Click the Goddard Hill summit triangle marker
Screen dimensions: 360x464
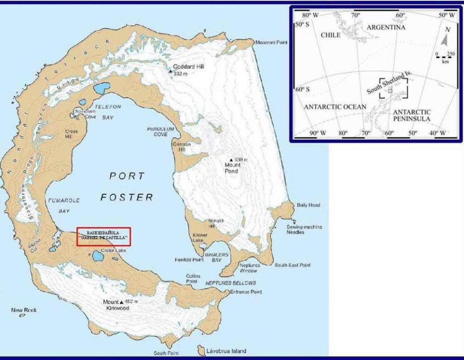point(170,71)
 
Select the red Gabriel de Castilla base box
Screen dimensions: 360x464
point(104,236)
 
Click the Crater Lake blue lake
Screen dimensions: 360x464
point(96,255)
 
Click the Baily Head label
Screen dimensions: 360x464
point(308,205)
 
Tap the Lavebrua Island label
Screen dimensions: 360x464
point(226,351)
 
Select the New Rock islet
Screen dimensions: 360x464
point(22,315)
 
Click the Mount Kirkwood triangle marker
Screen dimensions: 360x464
point(121,302)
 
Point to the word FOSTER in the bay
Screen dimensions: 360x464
point(127,197)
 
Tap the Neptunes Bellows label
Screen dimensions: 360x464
point(230,283)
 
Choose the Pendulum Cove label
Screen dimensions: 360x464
point(160,131)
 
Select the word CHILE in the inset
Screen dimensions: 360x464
point(331,35)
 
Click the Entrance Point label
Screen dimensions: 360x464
point(246,292)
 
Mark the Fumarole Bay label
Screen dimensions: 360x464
point(59,206)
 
